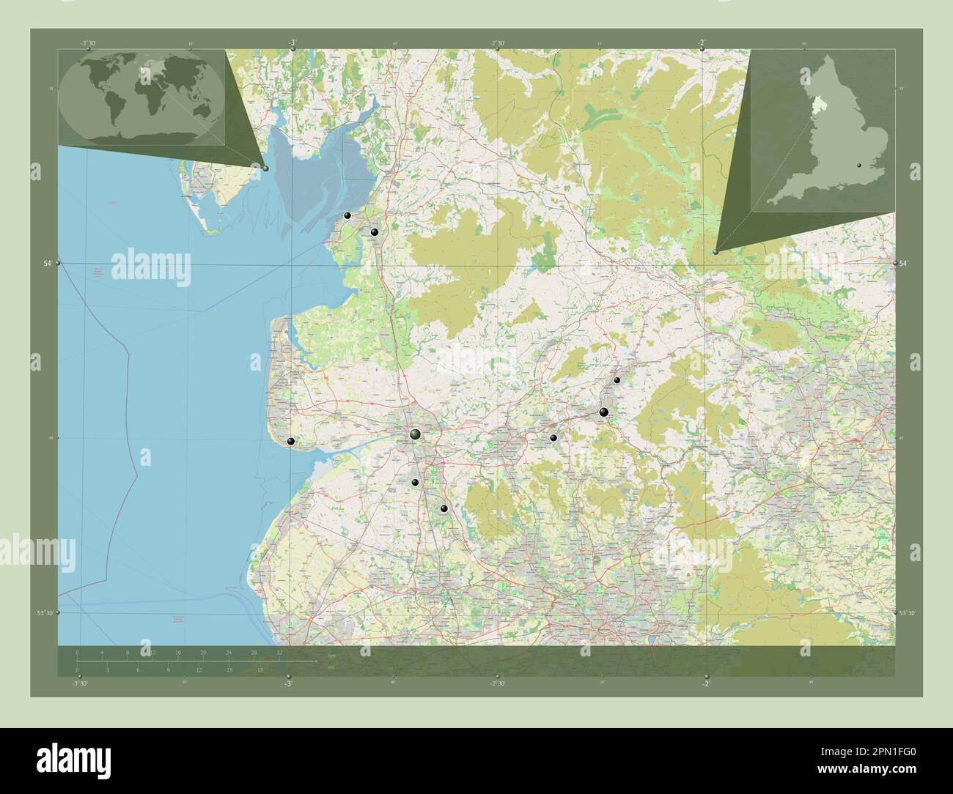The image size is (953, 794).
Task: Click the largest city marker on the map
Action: [x=416, y=435]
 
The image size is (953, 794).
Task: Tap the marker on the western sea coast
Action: [x=291, y=442]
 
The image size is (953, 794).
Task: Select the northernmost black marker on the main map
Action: [x=347, y=215]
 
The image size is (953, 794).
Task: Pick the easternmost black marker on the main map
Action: [x=617, y=380]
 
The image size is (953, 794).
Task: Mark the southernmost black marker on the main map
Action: [x=444, y=508]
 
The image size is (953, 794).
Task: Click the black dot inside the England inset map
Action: [x=861, y=166]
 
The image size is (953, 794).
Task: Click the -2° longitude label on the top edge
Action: [x=702, y=43]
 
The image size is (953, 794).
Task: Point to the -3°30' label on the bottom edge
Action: [x=79, y=683]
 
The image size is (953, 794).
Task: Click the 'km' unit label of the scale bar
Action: [x=332, y=656]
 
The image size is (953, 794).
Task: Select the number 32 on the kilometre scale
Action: [x=279, y=652]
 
